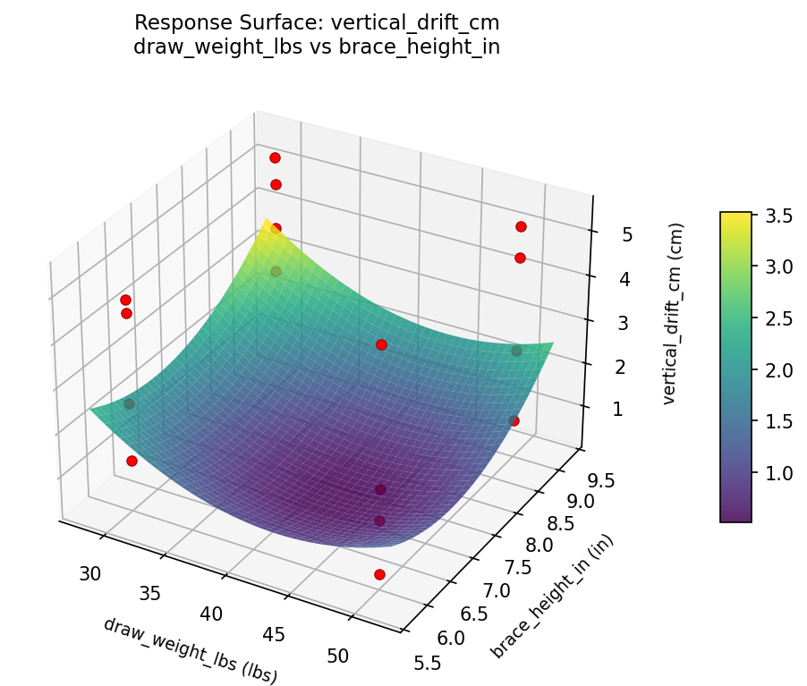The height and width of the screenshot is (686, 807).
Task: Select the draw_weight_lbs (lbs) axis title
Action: click(x=191, y=651)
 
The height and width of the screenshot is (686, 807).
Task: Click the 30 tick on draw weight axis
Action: click(x=89, y=573)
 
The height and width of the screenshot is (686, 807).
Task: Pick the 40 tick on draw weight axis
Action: click(x=211, y=614)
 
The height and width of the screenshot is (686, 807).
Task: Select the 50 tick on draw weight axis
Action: click(x=338, y=656)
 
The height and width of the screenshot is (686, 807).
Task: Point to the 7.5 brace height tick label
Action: click(x=518, y=568)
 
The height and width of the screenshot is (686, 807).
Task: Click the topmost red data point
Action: click(x=275, y=157)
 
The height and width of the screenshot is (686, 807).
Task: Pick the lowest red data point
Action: click(x=379, y=574)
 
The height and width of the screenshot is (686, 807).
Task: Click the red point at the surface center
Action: click(x=381, y=344)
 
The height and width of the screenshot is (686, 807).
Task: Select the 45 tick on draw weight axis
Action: click(x=274, y=634)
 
